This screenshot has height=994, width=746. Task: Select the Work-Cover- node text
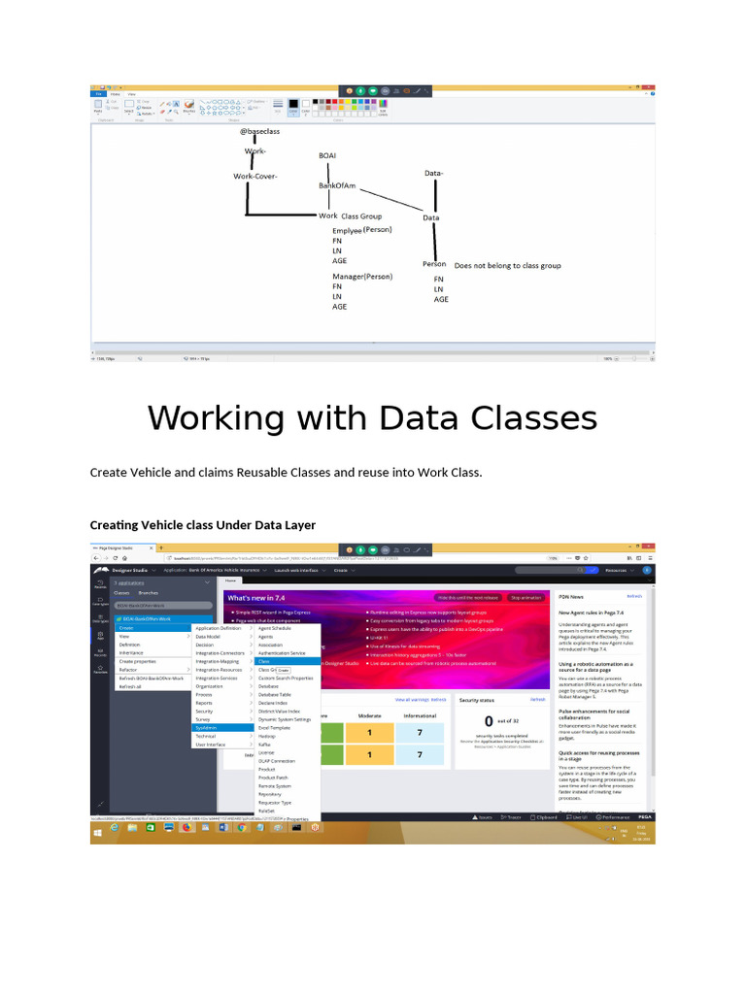pyautogui.click(x=255, y=177)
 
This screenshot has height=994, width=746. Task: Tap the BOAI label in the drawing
pyautogui.click(x=327, y=155)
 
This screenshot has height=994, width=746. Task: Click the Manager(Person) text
pyautogui.click(x=362, y=277)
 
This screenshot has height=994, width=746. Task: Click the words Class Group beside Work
pyautogui.click(x=361, y=216)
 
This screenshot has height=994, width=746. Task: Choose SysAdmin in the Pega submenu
pyautogui.click(x=206, y=726)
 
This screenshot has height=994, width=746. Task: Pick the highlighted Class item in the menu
pyautogui.click(x=264, y=661)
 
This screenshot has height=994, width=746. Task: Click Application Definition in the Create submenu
pyautogui.click(x=218, y=628)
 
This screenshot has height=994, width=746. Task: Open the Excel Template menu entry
pyautogui.click(x=274, y=727)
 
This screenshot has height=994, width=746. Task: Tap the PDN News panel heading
pyautogui.click(x=577, y=597)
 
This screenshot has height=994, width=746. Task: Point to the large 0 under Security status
pyautogui.click(x=488, y=721)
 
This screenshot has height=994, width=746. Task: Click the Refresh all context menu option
pyautogui.click(x=131, y=686)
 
